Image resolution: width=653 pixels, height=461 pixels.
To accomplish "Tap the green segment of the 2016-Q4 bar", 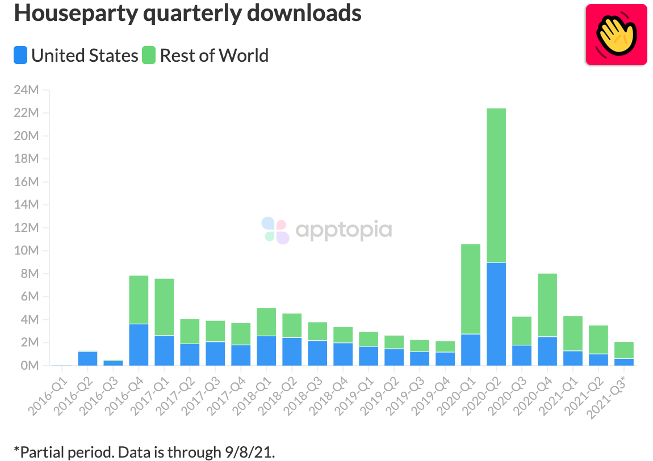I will [139, 299].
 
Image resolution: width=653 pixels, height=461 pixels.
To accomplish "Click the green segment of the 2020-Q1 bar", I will [471, 289].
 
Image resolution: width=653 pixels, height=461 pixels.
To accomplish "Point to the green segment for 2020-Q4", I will [547, 305].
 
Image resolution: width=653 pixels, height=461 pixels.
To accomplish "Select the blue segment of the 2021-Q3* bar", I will [624, 362].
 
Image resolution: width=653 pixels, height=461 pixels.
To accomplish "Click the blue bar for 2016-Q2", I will [87, 358].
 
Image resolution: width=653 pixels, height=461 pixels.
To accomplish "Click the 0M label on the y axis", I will [30, 366].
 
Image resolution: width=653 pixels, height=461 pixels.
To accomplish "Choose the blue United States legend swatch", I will [20, 56].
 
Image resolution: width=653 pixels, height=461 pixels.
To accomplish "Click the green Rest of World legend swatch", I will [149, 56].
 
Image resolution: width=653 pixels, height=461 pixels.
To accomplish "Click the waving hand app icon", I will [616, 35].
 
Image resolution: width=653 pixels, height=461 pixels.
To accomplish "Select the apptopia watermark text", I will [344, 230].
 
